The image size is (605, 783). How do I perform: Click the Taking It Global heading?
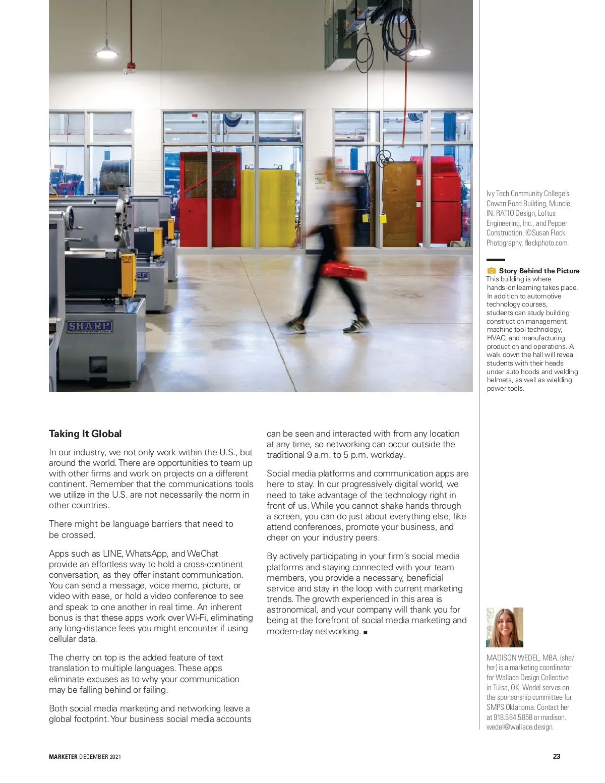coord(85,434)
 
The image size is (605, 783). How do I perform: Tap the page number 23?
coord(557,756)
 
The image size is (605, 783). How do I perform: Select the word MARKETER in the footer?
coord(63,756)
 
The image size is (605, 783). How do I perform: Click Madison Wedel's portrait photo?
coord(504,627)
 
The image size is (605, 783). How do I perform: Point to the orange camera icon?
coord(492,271)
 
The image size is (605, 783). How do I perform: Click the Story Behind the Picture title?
coord(539,271)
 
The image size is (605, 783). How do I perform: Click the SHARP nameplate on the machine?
coord(90,326)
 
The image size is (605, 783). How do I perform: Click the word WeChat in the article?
coord(202,554)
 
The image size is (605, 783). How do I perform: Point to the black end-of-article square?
coord(365,632)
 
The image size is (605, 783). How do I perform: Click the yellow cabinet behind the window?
coord(268,207)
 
